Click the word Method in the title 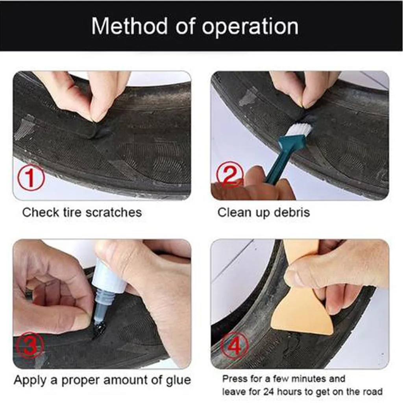point(129,26)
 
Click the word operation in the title point(250,27)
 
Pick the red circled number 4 point(235,346)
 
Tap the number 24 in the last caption point(269,392)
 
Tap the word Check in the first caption point(41,213)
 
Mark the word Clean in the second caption point(234,213)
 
